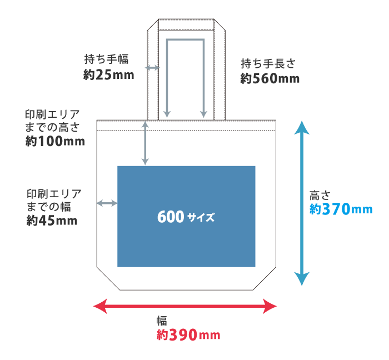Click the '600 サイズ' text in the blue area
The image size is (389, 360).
pos(186,217)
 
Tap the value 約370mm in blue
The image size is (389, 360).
pos(340,209)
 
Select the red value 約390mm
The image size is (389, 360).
pos(188,335)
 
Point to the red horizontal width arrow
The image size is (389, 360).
pos(184,306)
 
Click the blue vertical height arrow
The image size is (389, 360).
pos(301,203)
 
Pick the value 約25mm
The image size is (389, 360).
pos(109,74)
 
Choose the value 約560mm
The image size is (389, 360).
pos(270,78)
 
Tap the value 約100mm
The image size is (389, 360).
pos(55,141)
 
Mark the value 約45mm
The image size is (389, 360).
pos(52,221)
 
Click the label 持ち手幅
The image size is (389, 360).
pos(107,59)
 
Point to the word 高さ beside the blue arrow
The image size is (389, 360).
pos(320,195)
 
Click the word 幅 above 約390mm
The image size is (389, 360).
pos(162,321)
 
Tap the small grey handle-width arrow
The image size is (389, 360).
pos(152,68)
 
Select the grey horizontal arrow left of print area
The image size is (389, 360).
pos(107,203)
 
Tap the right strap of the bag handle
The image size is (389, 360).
pos(220,72)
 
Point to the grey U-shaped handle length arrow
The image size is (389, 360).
pos(186,40)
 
